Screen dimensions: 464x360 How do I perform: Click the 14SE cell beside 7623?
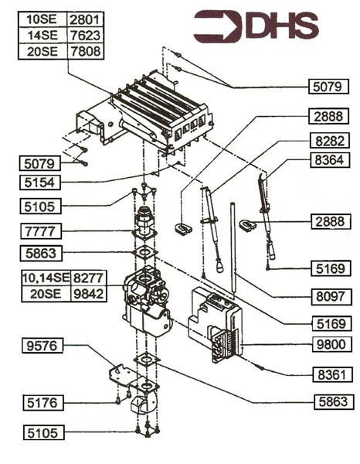pos(44,36)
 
